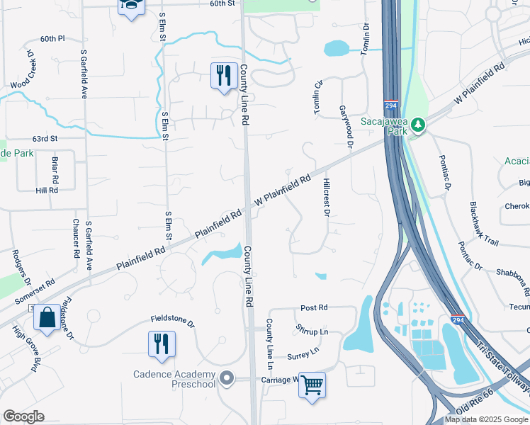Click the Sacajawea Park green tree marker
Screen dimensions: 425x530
tap(418, 125)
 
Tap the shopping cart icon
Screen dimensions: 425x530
tap(312, 386)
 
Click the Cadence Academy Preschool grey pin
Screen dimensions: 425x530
tap(227, 378)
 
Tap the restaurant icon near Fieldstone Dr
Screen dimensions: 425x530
tap(162, 344)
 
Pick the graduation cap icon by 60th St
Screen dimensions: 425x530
tap(130, 6)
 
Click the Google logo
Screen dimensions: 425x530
tap(23, 416)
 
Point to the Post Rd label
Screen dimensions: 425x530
tap(314, 308)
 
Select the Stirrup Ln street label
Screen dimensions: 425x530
tap(312, 331)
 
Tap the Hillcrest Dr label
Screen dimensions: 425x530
tap(327, 196)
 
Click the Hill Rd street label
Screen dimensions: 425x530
tap(47, 191)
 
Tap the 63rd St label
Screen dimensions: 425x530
tap(44, 139)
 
